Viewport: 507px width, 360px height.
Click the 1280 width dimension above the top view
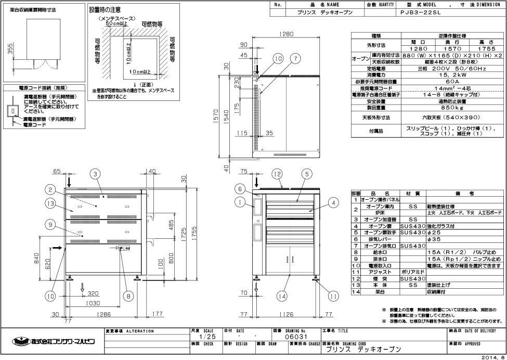(286, 34)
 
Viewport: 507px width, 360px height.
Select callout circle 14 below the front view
(282, 296)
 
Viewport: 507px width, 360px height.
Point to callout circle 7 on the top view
(295, 59)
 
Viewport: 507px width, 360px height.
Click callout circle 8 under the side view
(128, 296)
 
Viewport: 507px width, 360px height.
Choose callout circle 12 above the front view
(279, 174)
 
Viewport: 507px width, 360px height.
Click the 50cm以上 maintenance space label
(118, 24)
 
